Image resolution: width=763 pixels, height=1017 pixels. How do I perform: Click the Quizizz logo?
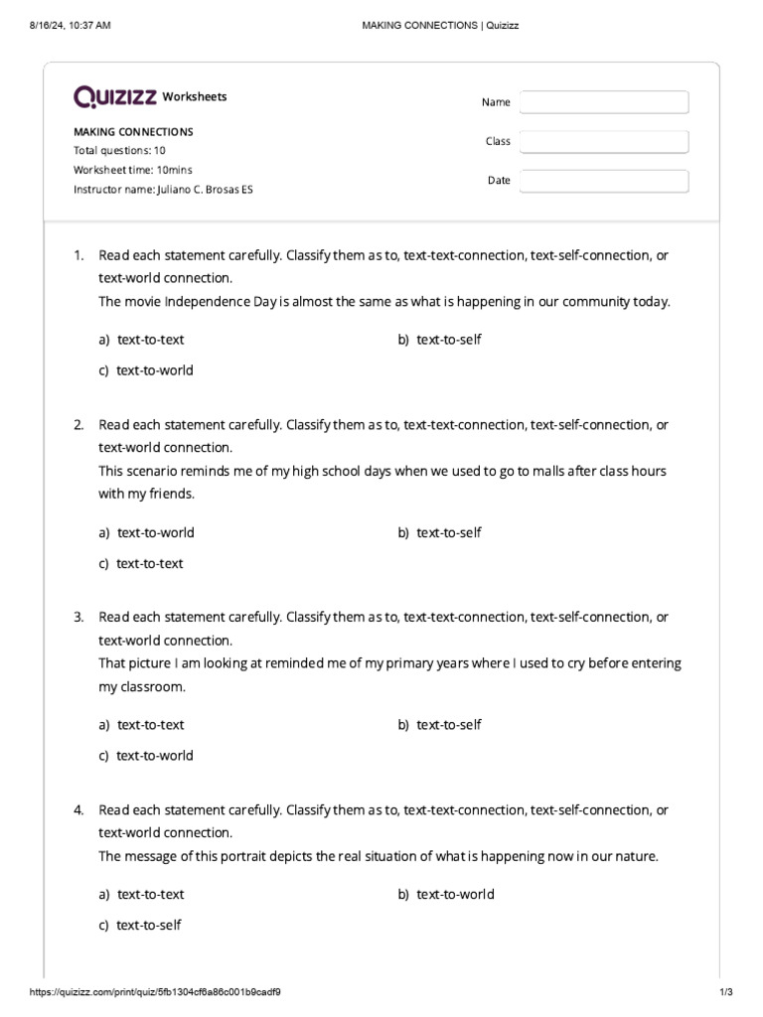[115, 96]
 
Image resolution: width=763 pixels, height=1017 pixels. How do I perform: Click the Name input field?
[603, 102]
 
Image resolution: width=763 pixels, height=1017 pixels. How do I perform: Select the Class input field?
[603, 142]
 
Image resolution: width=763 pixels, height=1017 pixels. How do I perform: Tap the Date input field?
[603, 181]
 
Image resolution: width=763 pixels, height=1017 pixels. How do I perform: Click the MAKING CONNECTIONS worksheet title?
[133, 131]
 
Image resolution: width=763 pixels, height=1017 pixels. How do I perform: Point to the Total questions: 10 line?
[119, 151]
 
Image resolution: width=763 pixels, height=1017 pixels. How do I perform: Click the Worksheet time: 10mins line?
[133, 170]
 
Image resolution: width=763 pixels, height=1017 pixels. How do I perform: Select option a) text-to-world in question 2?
[146, 532]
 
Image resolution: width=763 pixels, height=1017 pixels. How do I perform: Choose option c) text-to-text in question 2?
[141, 563]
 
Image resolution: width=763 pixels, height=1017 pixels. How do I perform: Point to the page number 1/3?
[725, 992]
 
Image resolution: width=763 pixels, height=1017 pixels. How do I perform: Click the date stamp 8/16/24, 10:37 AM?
[71, 25]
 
